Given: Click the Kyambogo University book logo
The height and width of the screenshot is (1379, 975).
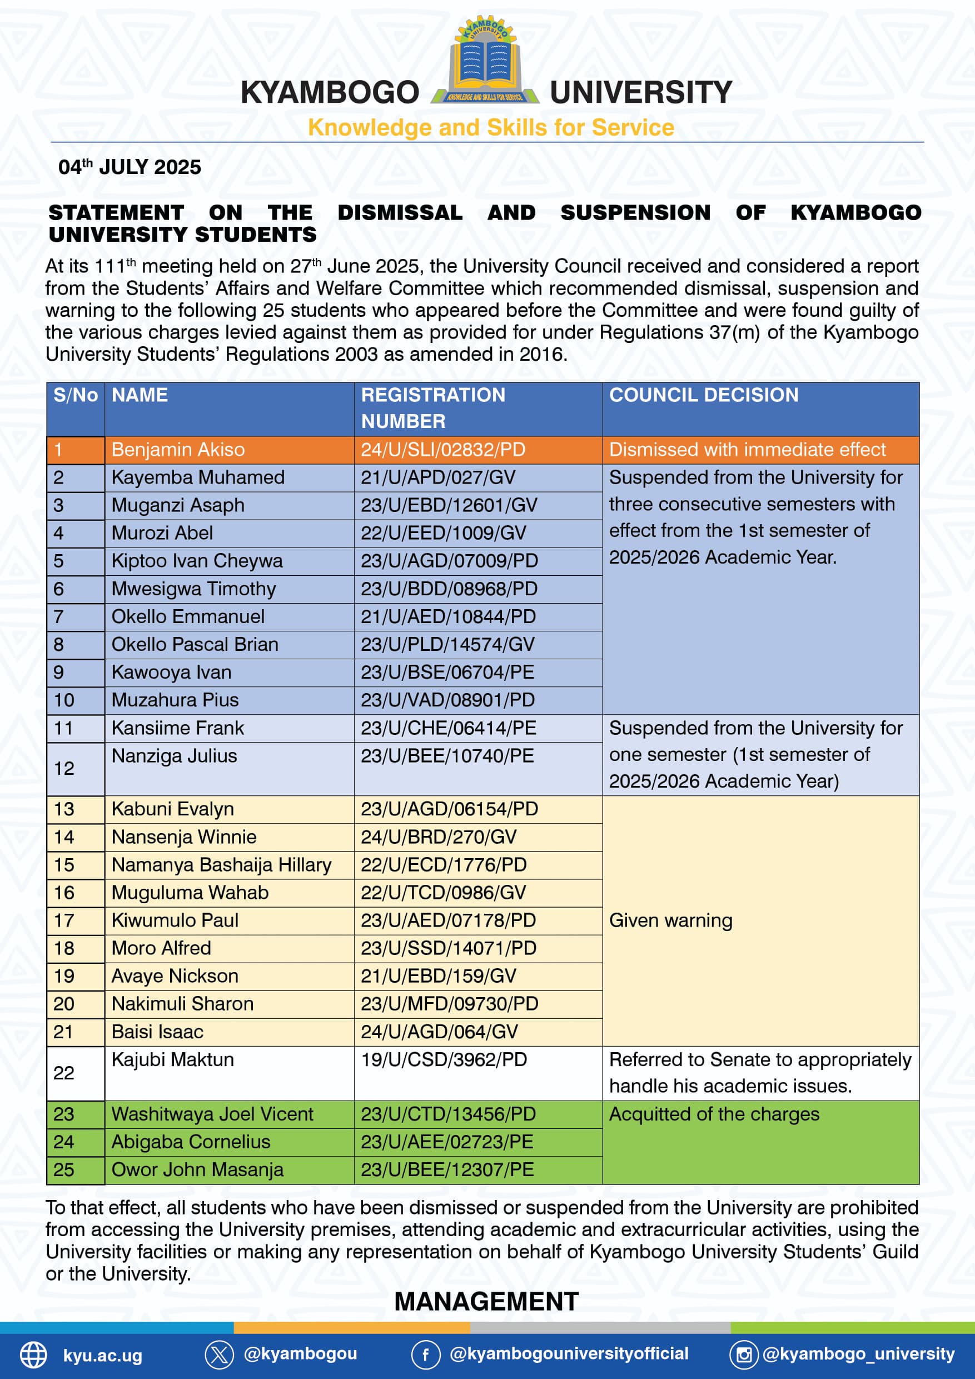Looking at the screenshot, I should [x=485, y=60].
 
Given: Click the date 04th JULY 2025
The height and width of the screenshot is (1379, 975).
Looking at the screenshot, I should [x=130, y=167].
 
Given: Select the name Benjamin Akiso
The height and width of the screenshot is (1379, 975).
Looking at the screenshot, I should [x=178, y=450].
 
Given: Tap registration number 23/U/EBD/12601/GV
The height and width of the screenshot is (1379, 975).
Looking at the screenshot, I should [x=449, y=505].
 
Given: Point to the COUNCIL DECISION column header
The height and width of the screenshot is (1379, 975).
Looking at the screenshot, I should [x=704, y=395].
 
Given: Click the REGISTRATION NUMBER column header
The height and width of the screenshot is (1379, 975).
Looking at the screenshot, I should [x=432, y=408].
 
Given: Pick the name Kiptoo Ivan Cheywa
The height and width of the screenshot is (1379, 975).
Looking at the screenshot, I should [x=197, y=561].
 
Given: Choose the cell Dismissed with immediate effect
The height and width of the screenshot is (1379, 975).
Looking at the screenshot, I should [x=747, y=450].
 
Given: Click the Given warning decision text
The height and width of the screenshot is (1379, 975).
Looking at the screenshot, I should [x=670, y=921].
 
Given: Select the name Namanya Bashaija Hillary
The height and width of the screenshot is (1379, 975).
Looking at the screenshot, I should [x=221, y=865].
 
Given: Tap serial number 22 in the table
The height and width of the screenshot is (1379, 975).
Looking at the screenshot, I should [x=64, y=1073].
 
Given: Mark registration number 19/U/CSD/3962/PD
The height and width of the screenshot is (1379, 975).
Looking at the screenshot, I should [x=444, y=1059].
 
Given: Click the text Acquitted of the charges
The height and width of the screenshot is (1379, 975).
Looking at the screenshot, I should [x=714, y=1114].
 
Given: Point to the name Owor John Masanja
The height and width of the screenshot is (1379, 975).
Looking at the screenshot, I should [x=197, y=1169].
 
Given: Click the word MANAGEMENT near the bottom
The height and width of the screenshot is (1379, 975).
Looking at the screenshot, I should [x=486, y=1302].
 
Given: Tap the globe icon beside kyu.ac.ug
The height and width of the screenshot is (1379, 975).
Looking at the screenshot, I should [x=34, y=1355].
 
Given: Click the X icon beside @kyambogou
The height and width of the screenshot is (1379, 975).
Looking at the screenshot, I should [x=219, y=1355].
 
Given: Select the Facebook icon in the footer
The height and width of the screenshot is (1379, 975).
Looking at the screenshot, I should [x=425, y=1355].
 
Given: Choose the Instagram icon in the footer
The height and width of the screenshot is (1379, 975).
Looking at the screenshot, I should [x=744, y=1355].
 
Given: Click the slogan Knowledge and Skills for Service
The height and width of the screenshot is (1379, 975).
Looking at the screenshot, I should [x=491, y=128].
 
